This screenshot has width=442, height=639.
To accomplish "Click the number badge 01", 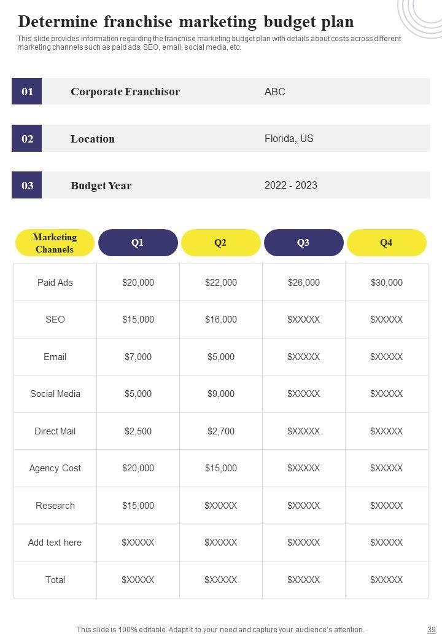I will (x=27, y=92).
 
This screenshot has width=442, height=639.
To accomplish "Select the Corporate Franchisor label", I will (x=125, y=92).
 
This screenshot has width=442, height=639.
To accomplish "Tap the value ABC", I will (x=275, y=92).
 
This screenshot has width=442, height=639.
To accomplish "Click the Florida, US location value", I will (x=289, y=138).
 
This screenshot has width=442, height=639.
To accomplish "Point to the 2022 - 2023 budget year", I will (x=291, y=185).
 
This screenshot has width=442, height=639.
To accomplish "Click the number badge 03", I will (x=27, y=185).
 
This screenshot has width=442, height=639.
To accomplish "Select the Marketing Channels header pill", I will (x=55, y=243).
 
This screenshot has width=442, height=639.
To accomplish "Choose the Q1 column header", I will (x=138, y=243).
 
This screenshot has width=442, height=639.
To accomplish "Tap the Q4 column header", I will (x=386, y=243).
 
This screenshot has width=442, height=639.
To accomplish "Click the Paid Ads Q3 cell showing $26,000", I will (x=304, y=283).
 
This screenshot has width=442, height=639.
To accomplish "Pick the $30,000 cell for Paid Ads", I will (x=387, y=283).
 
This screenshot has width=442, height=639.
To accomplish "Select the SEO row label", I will (x=55, y=319).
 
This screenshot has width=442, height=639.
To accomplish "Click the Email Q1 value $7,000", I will (x=138, y=357).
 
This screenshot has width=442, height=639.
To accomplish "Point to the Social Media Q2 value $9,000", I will (x=221, y=394).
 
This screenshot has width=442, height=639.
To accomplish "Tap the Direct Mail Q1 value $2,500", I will (x=138, y=431).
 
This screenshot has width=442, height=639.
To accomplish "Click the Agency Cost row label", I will (x=55, y=468).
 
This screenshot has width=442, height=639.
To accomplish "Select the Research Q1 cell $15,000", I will (x=138, y=506).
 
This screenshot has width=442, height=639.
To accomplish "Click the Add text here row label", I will (x=55, y=543).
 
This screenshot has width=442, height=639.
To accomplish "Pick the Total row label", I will (x=55, y=580).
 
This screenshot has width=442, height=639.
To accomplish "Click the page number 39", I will (x=431, y=630).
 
